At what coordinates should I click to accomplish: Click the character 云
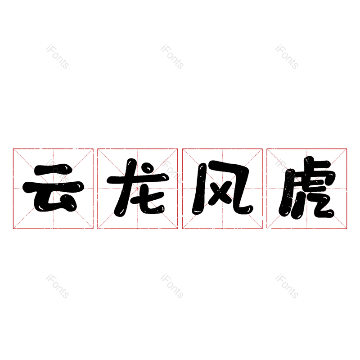click(53, 188)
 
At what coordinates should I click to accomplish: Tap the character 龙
click(138, 187)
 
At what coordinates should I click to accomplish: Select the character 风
click(222, 188)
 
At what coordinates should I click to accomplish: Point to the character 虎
click(307, 187)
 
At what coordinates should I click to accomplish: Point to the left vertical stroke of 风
click(198, 189)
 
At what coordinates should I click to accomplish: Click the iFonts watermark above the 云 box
click(57, 57)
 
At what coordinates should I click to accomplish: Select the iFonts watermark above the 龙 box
click(172, 57)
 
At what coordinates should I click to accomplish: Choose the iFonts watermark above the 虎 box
click(287, 57)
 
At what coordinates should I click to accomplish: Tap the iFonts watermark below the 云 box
click(57, 286)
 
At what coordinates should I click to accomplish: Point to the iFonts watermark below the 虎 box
click(287, 286)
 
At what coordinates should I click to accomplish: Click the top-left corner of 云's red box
click(13, 149)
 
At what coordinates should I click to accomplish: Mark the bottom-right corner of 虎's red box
click(346, 229)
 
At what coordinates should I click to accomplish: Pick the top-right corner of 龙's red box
click(178, 149)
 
